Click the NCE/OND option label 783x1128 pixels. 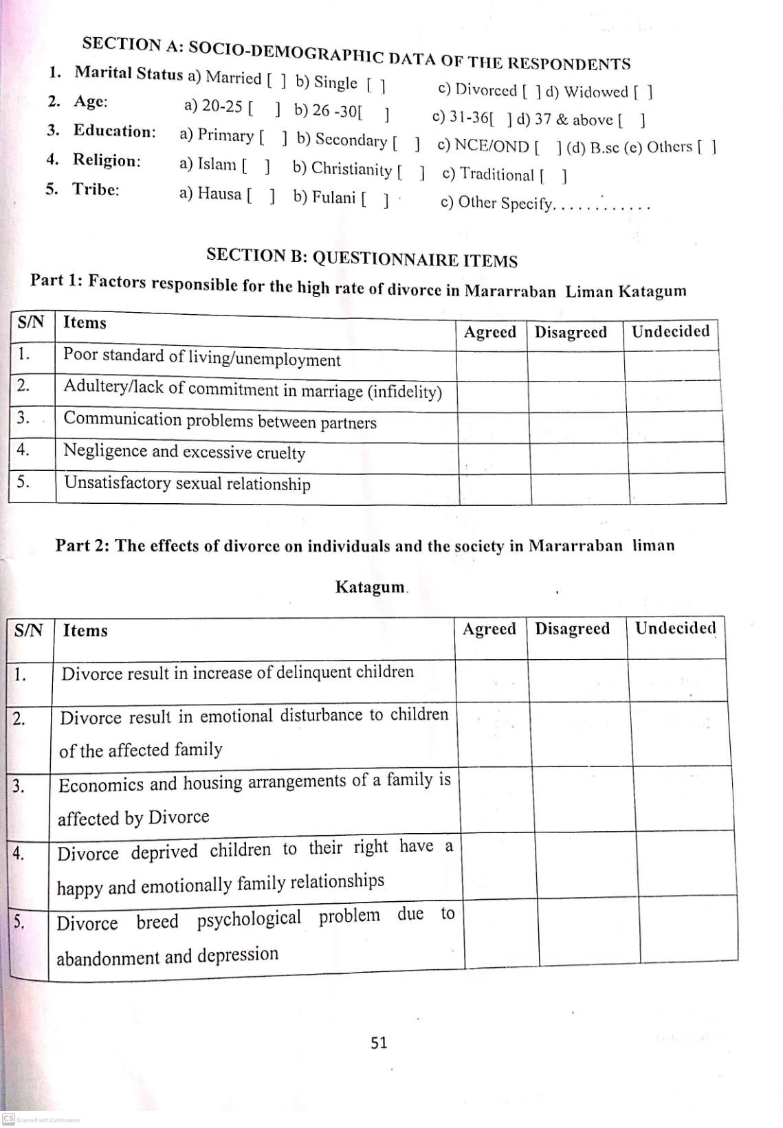click(492, 146)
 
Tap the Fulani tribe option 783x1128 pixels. click(333, 198)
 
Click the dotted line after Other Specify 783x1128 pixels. click(602, 205)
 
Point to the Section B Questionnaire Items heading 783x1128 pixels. click(362, 258)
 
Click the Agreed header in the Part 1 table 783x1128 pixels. click(489, 333)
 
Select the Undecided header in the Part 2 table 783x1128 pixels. click(675, 628)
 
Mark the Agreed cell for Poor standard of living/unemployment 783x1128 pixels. click(492, 365)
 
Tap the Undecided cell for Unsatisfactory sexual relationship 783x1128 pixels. click(677, 488)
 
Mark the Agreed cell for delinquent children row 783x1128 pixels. click(492, 680)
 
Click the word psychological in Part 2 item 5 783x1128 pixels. click(249, 919)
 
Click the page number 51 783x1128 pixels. click(379, 1043)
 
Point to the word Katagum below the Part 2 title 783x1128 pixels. click(370, 587)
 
